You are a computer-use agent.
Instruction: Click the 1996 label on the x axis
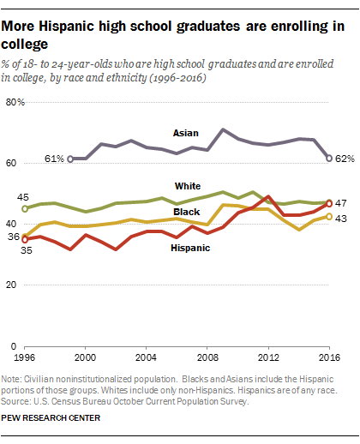(x=26, y=355)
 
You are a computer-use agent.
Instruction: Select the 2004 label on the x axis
(x=147, y=355)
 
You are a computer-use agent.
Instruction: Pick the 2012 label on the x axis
(x=268, y=355)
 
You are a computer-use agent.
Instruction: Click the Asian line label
(x=187, y=133)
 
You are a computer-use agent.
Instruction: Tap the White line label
(x=189, y=185)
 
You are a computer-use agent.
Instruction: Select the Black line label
(x=187, y=212)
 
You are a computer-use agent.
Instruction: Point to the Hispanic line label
(x=194, y=247)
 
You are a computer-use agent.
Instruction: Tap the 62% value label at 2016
(x=345, y=159)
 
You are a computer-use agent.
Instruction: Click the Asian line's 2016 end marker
(x=329, y=158)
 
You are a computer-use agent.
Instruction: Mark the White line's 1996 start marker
(x=25, y=208)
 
